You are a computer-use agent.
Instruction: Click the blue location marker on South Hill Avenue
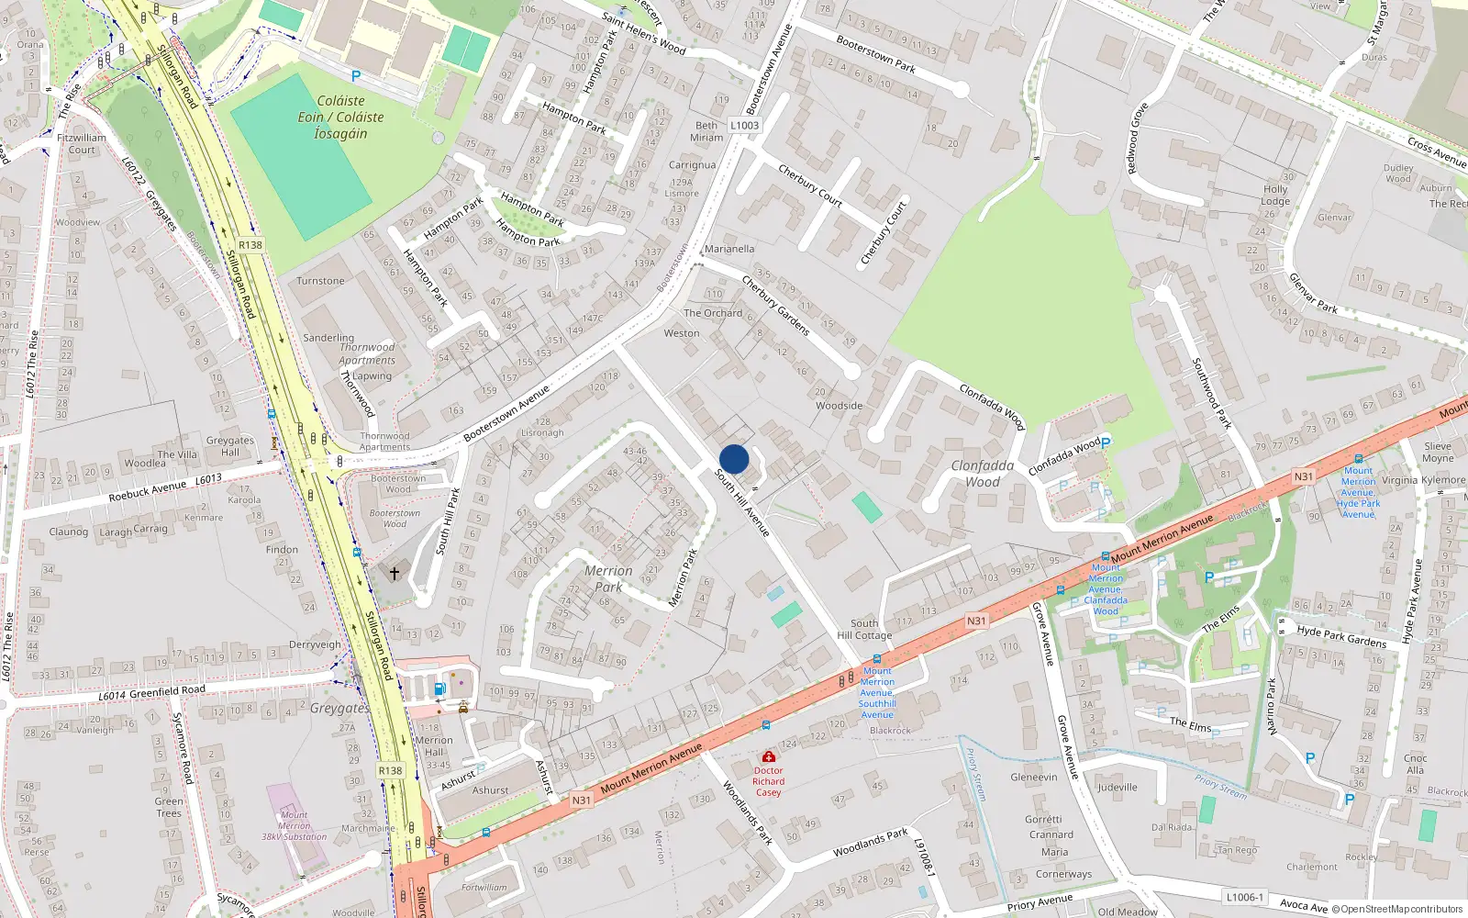pos(734,459)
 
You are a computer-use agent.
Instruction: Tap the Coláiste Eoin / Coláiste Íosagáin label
pos(340,118)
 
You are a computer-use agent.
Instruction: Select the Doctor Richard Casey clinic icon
pos(768,756)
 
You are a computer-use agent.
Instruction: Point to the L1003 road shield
pos(744,125)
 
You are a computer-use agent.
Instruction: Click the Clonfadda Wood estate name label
pos(982,474)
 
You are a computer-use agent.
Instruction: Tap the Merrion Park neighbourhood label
pos(607,578)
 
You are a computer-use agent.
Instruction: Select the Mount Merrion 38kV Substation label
pos(295,825)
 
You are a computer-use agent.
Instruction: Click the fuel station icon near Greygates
pos(439,688)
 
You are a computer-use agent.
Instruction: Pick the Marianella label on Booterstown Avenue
pos(729,249)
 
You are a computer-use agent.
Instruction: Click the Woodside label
pos(839,406)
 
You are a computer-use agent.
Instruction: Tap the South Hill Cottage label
pos(864,629)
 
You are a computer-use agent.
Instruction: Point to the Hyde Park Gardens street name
pos(1341,636)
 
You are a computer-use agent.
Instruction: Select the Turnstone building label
pos(320,281)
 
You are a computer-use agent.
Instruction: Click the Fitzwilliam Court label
pos(82,143)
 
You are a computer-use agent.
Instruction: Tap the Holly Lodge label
pos(1275,195)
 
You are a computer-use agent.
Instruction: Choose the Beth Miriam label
pos(706,131)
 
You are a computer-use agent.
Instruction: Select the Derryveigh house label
pos(315,644)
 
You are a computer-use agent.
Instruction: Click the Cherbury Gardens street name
pos(775,305)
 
